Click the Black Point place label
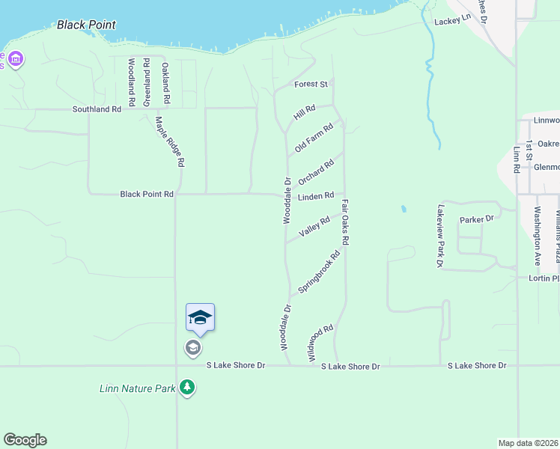tap(86, 25)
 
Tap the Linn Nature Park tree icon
tap(187, 388)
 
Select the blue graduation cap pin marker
tap(200, 318)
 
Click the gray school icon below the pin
tap(192, 348)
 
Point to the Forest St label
tap(311, 85)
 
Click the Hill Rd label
tap(305, 113)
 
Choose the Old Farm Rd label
tap(314, 139)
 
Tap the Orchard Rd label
tap(315, 173)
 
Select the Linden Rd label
tap(315, 196)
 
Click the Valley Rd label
tap(314, 227)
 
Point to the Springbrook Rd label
tap(319, 272)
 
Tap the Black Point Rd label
tap(147, 194)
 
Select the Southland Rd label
tap(97, 109)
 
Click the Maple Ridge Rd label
tap(170, 141)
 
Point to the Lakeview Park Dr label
tap(441, 236)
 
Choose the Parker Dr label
tap(477, 219)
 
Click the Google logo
tap(25, 440)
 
